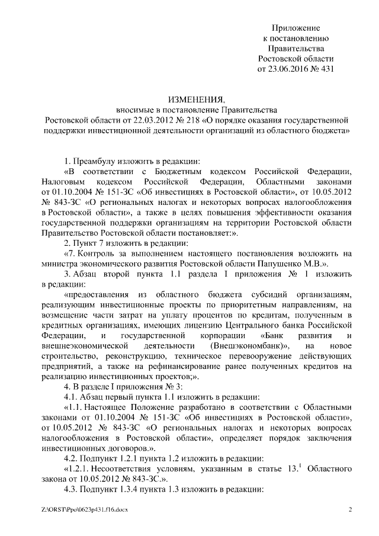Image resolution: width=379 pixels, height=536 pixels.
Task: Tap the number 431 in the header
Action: click(327, 69)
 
